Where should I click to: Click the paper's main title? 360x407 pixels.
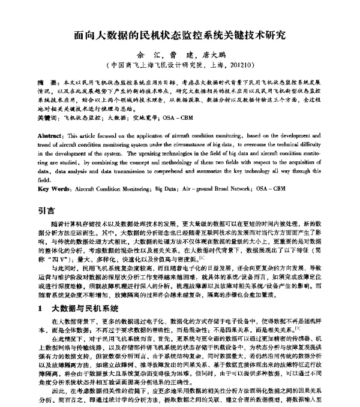tap(180, 35)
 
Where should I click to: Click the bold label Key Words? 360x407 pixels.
tap(55, 189)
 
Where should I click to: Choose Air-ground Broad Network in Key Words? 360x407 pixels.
tap(230, 189)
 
